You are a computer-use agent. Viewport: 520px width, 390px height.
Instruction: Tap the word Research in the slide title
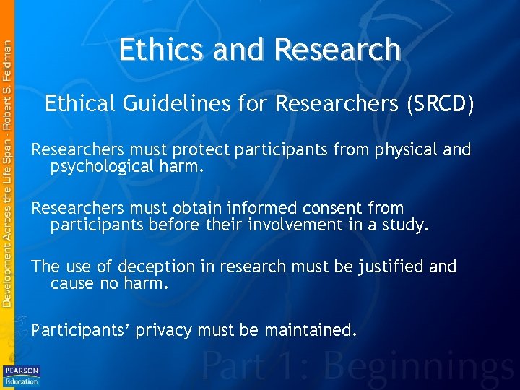point(337,50)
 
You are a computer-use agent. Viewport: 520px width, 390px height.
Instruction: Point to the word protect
point(199,150)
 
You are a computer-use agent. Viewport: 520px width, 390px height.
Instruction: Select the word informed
point(261,209)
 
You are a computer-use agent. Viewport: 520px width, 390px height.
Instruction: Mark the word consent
point(331,209)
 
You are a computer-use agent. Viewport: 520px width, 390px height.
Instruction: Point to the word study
point(407,225)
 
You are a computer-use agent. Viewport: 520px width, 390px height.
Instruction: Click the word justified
point(389,267)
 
